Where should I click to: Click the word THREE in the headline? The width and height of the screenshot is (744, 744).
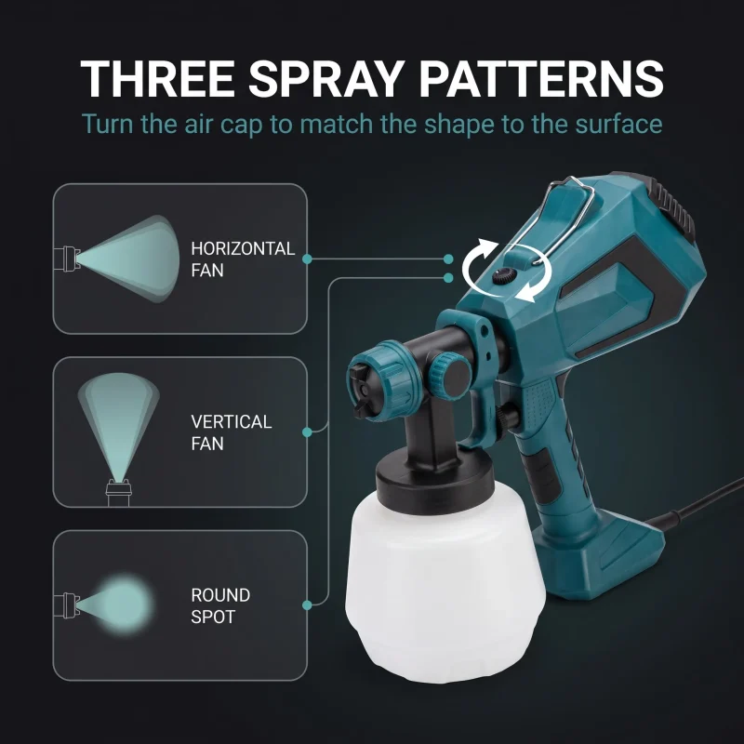pos(157,78)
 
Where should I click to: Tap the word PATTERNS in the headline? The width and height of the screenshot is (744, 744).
pos(541,78)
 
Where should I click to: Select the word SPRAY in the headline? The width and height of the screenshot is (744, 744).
pos(326,78)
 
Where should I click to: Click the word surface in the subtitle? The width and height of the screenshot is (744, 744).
pos(618,124)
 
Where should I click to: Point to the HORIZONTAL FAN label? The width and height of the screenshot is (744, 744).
pos(243,259)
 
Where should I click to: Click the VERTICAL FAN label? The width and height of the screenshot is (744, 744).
pos(231,432)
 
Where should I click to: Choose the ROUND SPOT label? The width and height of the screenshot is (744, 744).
pos(220,605)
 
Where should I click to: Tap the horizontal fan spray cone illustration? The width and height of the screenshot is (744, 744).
pos(128,259)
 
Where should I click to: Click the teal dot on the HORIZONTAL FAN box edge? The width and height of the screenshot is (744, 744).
pos(307,259)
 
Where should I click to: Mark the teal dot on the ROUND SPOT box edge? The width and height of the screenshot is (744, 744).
pos(307,605)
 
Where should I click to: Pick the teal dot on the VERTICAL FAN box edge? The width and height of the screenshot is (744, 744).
pos(307,432)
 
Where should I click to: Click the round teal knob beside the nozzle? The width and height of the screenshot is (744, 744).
pos(449,374)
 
